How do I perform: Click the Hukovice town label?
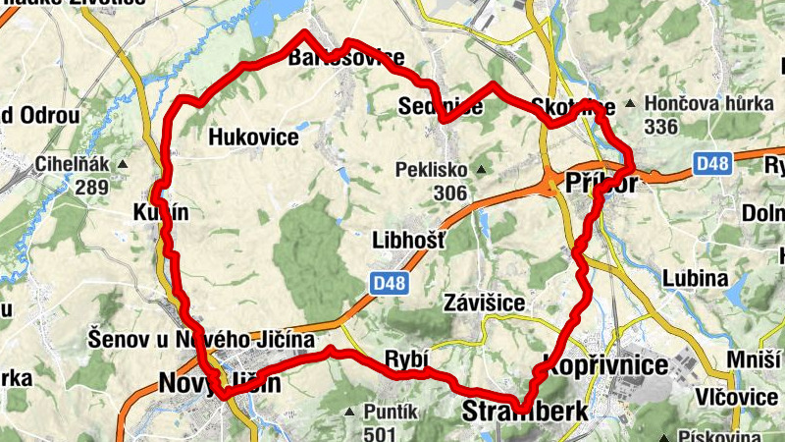pos(253,138)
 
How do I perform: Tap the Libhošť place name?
pos(409,240)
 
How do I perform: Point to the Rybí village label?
pos(405,359)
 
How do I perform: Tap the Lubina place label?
pos(696,279)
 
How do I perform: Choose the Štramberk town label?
pos(525,411)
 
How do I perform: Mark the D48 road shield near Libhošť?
pos(390,283)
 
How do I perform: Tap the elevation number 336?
pos(662,127)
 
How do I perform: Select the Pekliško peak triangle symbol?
pos(481,170)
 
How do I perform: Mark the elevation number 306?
pos(449,193)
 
